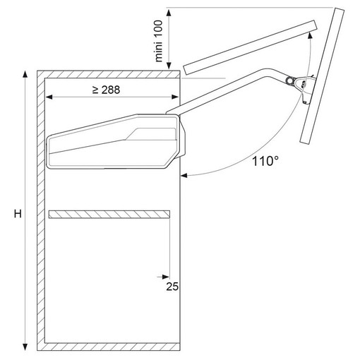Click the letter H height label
click(x=18, y=214)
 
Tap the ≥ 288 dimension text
click(x=107, y=90)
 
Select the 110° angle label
click(x=265, y=162)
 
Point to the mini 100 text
click(x=159, y=41)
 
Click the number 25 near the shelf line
click(x=172, y=287)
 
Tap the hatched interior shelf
click(x=109, y=215)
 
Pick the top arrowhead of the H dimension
click(x=25, y=74)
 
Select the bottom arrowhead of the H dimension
click(x=25, y=347)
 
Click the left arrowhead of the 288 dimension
click(x=49, y=97)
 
